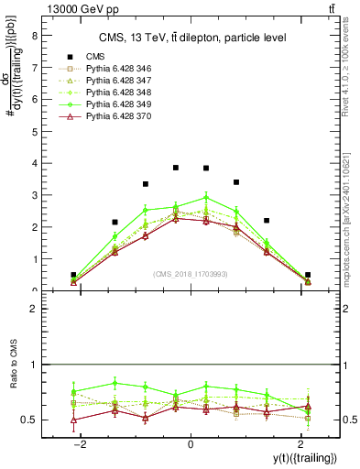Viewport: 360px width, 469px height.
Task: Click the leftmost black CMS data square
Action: click(73, 275)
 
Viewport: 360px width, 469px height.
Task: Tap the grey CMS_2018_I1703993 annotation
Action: click(191, 274)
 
